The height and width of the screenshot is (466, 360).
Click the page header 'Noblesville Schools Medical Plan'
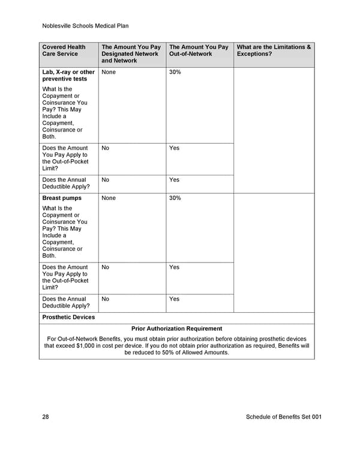click(x=86, y=26)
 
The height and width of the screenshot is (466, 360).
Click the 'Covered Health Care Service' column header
click(x=64, y=50)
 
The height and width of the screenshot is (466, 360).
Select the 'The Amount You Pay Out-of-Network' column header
click(x=199, y=50)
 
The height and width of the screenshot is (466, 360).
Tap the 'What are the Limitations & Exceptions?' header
click(x=274, y=50)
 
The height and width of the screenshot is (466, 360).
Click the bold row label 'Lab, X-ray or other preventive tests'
click(x=68, y=75)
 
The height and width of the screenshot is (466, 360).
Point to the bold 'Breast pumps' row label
click(x=61, y=198)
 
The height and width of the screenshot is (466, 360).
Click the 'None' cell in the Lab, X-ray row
click(x=109, y=72)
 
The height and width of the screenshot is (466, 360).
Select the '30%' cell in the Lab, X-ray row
click(x=175, y=72)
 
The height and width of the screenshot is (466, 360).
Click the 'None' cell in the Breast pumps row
click(x=109, y=198)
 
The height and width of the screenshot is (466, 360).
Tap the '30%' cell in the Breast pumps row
click(x=175, y=198)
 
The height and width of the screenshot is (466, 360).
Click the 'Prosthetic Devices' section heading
click(x=68, y=317)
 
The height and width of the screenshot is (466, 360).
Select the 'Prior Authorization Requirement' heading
click(x=176, y=328)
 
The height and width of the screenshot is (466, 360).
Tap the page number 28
click(x=46, y=417)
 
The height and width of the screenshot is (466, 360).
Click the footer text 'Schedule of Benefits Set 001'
click(x=284, y=417)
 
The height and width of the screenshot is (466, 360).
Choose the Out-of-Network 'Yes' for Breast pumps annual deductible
click(x=174, y=298)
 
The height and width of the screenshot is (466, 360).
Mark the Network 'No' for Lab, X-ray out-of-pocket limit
click(x=106, y=148)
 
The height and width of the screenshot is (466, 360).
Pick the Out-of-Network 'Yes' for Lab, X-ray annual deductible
click(x=174, y=180)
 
